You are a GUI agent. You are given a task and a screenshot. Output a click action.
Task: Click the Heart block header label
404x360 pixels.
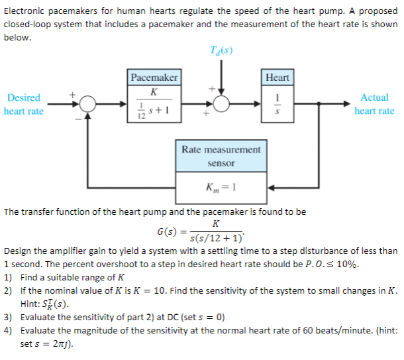pyautogui.click(x=277, y=78)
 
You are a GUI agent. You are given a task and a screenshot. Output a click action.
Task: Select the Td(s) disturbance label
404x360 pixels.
pyautogui.click(x=221, y=52)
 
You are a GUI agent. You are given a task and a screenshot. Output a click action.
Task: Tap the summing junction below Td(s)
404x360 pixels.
pyautogui.click(x=221, y=104)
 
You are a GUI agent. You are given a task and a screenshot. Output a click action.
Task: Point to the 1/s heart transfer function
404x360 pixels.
pyautogui.click(x=278, y=105)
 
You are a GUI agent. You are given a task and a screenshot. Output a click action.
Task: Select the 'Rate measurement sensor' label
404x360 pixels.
pyautogui.click(x=221, y=156)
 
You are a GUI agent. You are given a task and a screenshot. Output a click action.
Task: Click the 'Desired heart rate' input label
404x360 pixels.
pyautogui.click(x=24, y=104)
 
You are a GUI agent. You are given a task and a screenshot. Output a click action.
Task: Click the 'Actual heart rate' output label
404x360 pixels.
pyautogui.click(x=374, y=104)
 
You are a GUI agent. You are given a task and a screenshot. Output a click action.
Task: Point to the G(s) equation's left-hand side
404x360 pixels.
pyautogui.click(x=166, y=232)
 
